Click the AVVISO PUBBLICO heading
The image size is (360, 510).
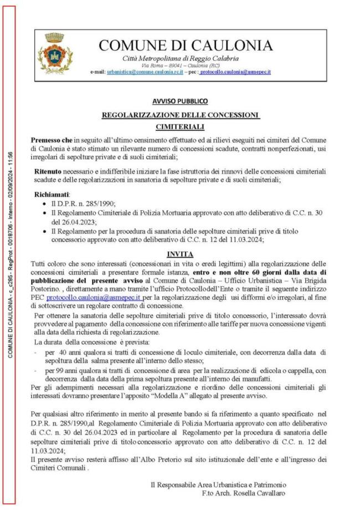click(x=180, y=101)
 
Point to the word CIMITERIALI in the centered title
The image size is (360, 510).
click(x=180, y=127)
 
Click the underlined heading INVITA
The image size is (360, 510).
click(x=180, y=253)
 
